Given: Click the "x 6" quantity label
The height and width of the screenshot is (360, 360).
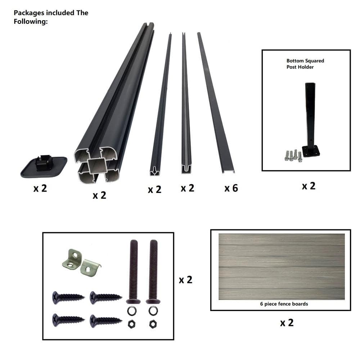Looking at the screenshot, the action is (x=231, y=188).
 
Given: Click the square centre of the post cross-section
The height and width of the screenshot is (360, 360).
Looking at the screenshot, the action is (x=97, y=166).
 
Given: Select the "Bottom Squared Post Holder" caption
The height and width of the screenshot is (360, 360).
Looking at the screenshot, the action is (x=305, y=64).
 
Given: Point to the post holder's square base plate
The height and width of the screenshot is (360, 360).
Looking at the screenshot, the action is (x=311, y=152).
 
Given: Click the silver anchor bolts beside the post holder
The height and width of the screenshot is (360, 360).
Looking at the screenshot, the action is (x=293, y=156).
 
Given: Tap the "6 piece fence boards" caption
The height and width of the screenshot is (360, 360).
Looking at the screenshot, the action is (x=284, y=304).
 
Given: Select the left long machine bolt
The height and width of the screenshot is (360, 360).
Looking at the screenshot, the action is (x=134, y=271).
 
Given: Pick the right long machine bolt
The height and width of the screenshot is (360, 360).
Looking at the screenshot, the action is (x=153, y=271).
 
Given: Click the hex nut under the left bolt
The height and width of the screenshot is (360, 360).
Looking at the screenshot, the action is (x=131, y=324).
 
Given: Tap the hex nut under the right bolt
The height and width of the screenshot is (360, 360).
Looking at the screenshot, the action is (x=153, y=324).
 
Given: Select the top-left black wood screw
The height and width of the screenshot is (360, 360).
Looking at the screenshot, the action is (x=68, y=298).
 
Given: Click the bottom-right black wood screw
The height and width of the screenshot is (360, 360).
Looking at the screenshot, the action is (x=106, y=320).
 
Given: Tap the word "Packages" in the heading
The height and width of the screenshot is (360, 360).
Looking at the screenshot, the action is (x=29, y=13).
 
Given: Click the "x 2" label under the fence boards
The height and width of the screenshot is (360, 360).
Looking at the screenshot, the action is (x=287, y=323).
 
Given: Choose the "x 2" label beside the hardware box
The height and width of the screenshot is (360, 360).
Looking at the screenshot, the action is (x=185, y=280).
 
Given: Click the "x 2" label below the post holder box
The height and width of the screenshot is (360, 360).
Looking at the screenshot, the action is (x=309, y=186).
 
